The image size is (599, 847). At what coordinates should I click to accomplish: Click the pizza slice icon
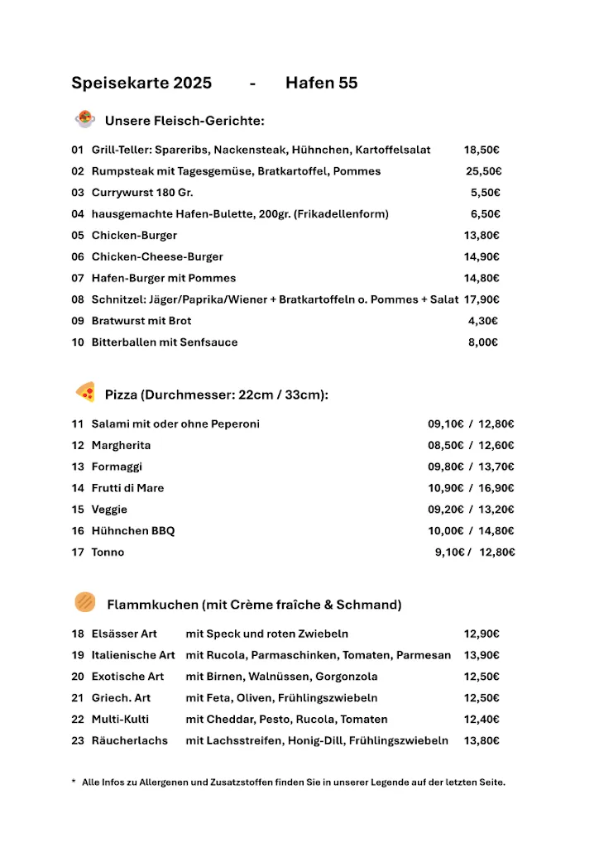tap(84, 392)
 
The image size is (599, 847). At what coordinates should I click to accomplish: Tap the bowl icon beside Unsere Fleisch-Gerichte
tap(84, 119)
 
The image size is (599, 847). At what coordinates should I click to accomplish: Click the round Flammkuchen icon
tap(84, 602)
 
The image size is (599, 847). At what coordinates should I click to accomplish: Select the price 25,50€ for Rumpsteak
tap(483, 171)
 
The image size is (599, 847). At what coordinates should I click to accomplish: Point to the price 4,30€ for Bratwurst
tap(483, 321)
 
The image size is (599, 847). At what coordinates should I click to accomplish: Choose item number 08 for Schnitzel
tap(78, 299)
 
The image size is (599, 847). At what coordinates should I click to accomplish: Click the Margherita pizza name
tap(121, 445)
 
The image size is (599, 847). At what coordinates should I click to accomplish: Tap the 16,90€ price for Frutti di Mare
tap(496, 488)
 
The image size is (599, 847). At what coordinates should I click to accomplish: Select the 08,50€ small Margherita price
tap(446, 445)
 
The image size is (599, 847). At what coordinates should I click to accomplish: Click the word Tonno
tap(108, 553)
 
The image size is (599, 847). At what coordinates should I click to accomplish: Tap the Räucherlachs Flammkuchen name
tap(129, 741)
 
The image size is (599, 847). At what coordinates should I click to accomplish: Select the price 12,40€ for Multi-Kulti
tap(482, 720)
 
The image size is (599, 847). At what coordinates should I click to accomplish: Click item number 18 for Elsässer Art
tap(78, 634)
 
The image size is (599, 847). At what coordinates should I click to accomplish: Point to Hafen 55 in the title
tap(321, 83)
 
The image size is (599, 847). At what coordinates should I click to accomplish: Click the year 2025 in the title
tap(192, 83)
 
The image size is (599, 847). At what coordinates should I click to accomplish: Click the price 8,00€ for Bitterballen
tap(483, 342)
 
